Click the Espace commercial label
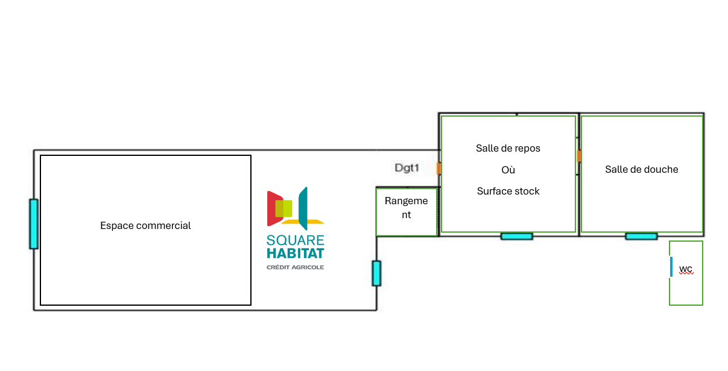click(x=145, y=226)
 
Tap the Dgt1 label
click(x=407, y=168)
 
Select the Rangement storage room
click(x=407, y=207)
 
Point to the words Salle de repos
click(x=508, y=148)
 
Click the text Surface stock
click(x=508, y=191)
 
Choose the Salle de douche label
click(x=641, y=169)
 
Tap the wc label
click(x=686, y=269)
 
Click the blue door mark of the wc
click(x=671, y=266)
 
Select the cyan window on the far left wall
click(x=34, y=224)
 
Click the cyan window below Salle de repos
click(x=517, y=236)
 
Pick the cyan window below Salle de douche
click(x=641, y=236)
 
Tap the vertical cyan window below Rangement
click(x=376, y=273)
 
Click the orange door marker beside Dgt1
click(x=438, y=168)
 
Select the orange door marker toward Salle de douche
click(x=579, y=156)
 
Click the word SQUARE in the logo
click(x=296, y=240)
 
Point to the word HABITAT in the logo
click(x=296, y=253)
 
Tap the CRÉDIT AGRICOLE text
click(x=296, y=267)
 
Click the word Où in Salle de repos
click(x=508, y=170)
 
